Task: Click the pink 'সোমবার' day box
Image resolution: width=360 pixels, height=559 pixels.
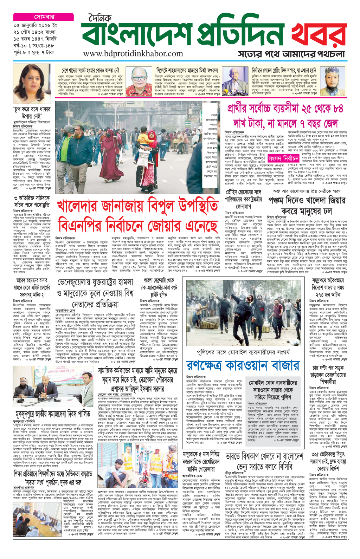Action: coord(44,17)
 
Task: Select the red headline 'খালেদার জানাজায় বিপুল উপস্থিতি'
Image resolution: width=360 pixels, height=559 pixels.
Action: coord(137,207)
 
